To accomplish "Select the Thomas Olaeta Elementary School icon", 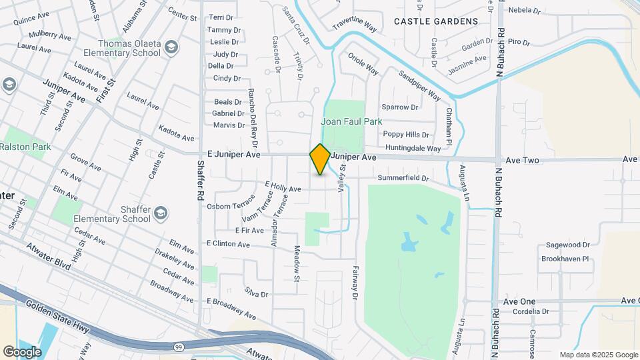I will (172, 47).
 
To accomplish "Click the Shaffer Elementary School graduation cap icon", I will (160, 213).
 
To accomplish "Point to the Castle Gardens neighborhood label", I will (436, 21).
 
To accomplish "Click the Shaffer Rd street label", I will (200, 180).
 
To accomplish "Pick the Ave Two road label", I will (522, 161).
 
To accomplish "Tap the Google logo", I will (22, 351).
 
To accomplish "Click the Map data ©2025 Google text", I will (598, 355).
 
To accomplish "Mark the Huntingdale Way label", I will (412, 149).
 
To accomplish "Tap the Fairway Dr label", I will (355, 283).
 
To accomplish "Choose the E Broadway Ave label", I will (231, 309).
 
